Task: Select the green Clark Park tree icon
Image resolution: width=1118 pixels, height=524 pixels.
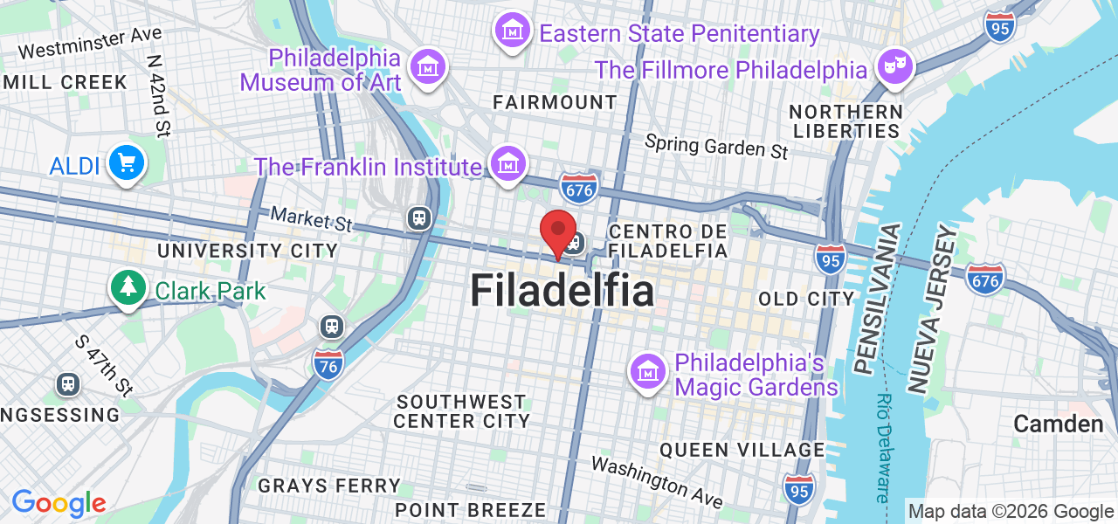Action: pos(128,286)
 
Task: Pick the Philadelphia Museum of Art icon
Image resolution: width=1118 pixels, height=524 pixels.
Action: pos(428,66)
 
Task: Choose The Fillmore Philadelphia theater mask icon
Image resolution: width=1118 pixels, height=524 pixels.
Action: pos(894,66)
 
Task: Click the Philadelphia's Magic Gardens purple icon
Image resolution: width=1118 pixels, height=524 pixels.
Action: pos(648,372)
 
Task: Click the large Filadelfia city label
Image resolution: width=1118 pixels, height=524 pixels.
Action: pos(562,291)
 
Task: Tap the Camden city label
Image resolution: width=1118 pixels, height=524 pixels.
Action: pos(1059,424)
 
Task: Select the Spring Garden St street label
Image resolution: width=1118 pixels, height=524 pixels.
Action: pos(716,146)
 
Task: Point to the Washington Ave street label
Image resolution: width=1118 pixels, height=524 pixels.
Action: pos(657,481)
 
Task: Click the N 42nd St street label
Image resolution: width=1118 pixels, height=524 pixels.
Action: pos(158,96)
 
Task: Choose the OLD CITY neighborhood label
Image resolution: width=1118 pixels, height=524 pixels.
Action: pos(806,300)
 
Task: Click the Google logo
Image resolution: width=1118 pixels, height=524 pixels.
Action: pos(59,503)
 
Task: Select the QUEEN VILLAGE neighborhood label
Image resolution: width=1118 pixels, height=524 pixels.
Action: pos(742,450)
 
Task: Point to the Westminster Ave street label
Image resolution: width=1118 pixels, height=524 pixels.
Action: pos(90,42)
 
